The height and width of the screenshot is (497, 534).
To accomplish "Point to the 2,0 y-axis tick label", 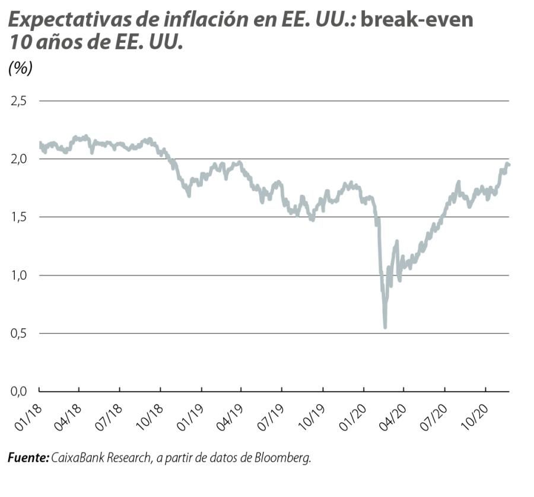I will click(19, 159).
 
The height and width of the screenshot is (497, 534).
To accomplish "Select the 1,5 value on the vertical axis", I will click(19, 217).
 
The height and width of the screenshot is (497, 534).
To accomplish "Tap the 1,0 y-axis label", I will click(19, 276).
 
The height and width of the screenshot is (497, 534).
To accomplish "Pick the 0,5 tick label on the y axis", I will click(19, 334).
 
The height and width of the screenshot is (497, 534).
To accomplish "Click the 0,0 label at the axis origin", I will click(19, 391).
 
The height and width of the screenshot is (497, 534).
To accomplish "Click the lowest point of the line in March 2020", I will click(385, 327).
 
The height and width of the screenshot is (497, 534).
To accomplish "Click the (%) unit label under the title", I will click(20, 68).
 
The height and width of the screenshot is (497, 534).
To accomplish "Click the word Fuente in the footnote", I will click(27, 458).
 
